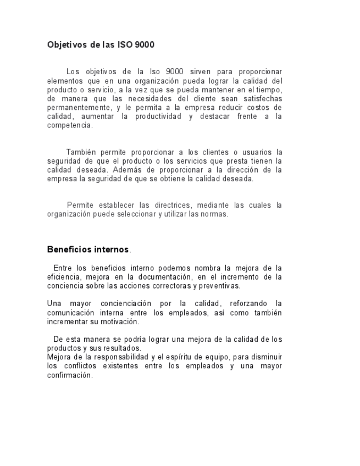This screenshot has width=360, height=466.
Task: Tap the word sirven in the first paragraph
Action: [203, 71]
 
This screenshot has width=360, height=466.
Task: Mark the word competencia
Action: [69, 125]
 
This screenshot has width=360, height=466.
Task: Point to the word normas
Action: [214, 214]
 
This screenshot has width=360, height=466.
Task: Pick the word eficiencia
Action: [64, 277]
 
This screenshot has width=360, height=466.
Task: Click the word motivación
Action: [118, 321]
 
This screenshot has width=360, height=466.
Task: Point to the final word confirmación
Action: [70, 375]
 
